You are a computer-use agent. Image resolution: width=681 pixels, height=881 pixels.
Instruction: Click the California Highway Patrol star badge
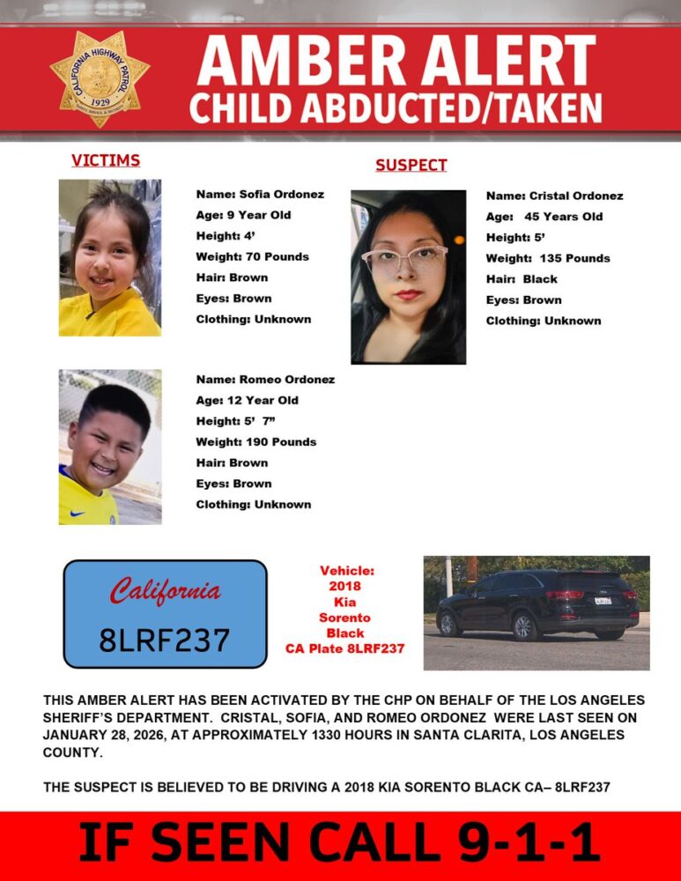100,78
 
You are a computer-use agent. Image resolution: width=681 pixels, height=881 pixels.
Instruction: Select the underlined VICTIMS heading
106,160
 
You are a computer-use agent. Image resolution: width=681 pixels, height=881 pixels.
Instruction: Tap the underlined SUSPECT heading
411,165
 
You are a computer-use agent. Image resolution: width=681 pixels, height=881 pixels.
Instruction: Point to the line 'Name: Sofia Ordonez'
260,194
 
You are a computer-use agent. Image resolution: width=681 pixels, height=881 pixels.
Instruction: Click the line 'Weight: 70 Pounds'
252,256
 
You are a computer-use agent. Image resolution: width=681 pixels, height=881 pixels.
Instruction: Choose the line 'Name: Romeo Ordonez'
265,380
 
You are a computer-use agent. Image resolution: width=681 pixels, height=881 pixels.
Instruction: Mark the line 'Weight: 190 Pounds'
255,441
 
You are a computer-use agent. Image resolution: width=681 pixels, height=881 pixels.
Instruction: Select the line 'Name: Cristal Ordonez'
554,196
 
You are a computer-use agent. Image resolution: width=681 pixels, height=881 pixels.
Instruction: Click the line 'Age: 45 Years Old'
544,216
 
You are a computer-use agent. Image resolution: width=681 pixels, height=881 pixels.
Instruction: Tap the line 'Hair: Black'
522,279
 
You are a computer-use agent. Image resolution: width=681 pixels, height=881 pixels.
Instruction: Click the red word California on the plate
165,591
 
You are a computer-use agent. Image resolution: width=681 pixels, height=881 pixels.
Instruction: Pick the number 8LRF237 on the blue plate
165,638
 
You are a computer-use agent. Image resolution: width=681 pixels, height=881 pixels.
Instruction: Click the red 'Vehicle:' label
346,571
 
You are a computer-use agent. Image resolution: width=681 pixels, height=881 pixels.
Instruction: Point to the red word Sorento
344,618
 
